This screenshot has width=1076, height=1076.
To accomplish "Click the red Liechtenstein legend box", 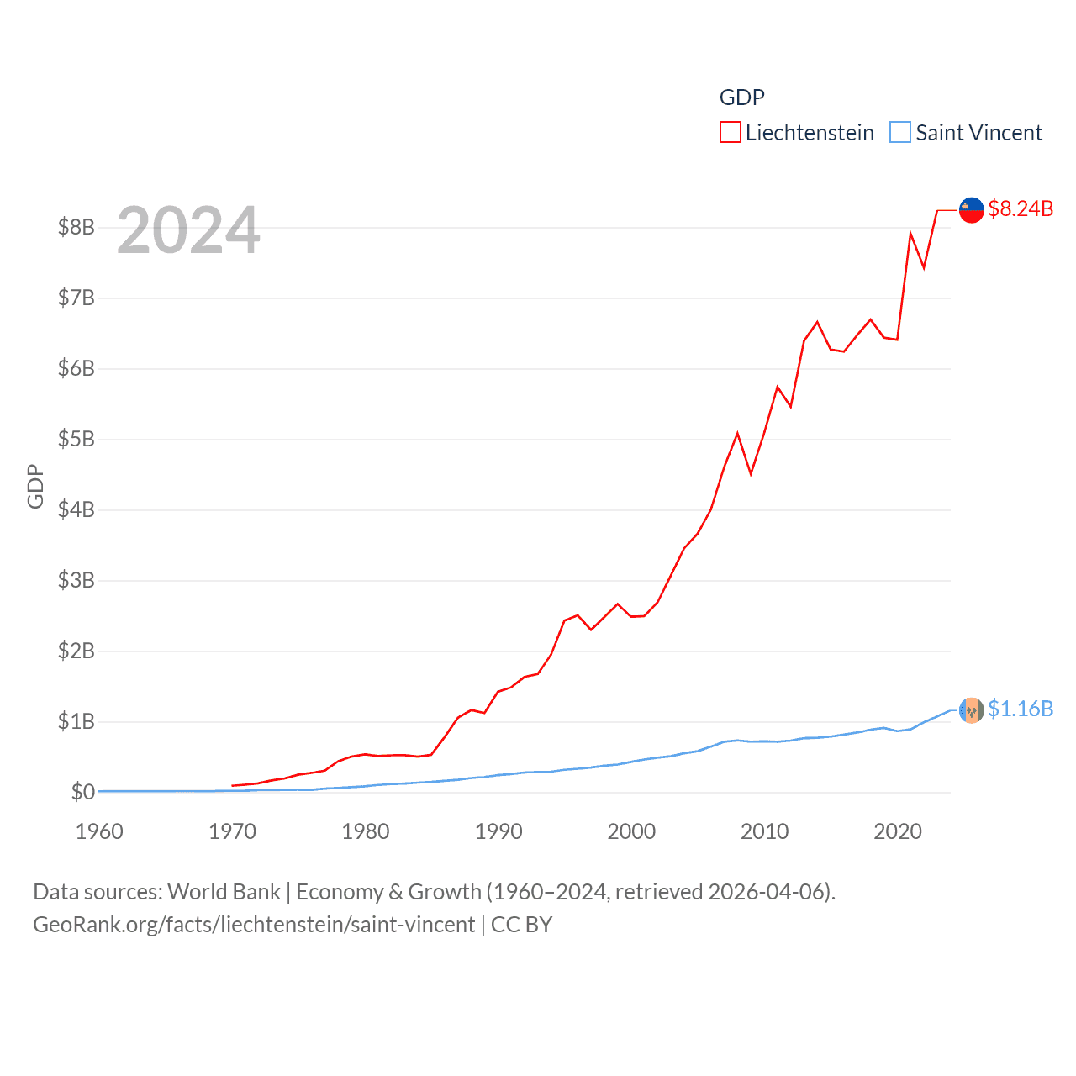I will coord(730,133).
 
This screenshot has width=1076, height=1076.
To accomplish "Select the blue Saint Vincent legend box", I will coord(899,133).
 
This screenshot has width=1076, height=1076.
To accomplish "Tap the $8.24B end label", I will coord(1021,208).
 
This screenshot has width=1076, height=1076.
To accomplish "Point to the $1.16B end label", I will coord(1021,709).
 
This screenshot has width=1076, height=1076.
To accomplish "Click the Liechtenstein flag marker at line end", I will coord(971,210).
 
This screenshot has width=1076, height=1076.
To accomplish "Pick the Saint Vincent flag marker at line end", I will coord(971,710).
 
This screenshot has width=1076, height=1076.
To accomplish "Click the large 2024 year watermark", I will coord(188,230).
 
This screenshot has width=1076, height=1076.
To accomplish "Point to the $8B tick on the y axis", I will coord(76,227).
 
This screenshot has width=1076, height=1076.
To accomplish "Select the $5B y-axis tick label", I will coord(76,439).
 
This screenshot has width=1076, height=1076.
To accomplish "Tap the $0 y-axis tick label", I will coord(82,792).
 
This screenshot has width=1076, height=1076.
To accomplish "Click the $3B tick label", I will coord(76,580).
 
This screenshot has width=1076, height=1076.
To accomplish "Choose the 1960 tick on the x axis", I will coord(99,831).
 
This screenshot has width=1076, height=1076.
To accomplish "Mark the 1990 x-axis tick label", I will coord(498,831).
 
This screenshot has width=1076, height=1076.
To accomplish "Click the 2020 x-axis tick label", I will coord(898,831).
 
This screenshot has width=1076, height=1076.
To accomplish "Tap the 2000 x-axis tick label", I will coord(631,831).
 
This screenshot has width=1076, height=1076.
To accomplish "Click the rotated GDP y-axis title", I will coord(35,486).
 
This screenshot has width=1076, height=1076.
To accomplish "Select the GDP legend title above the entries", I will coord(741,98).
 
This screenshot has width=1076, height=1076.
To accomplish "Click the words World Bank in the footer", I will coord(224,892).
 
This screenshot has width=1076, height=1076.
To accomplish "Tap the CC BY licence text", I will coord(521,925).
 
